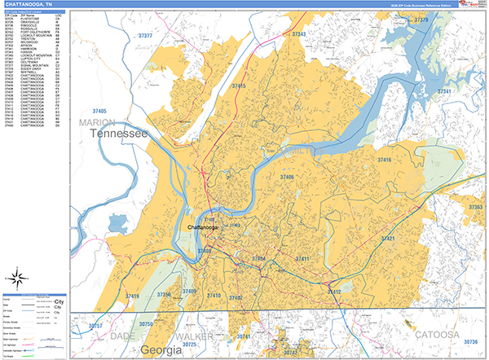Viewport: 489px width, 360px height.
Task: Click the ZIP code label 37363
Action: (x=475, y=208)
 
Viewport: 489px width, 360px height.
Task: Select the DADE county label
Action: (x=123, y=335)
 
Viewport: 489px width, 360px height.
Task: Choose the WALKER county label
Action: (x=193, y=335)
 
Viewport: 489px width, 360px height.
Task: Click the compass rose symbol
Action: (x=17, y=275)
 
